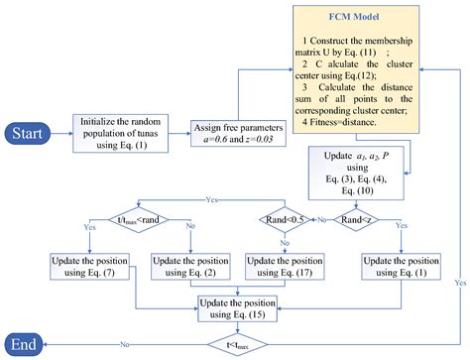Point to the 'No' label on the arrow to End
click(124, 344)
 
